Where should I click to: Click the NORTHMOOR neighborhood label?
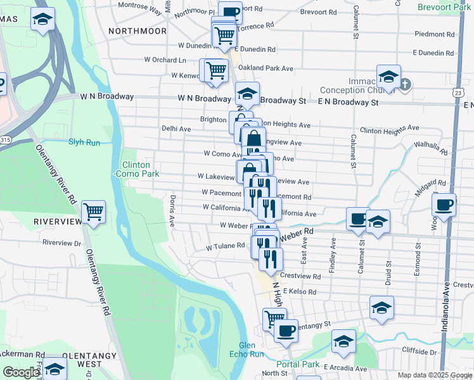tap(138, 31)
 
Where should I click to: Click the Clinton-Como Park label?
tap(132, 169)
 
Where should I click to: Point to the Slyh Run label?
tap(84, 142)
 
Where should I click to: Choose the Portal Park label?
tap(298, 364)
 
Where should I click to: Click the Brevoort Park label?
tap(444, 7)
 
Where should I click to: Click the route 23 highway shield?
tap(458, 92)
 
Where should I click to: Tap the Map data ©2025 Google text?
tap(435, 375)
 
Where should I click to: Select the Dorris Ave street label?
tap(172, 211)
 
